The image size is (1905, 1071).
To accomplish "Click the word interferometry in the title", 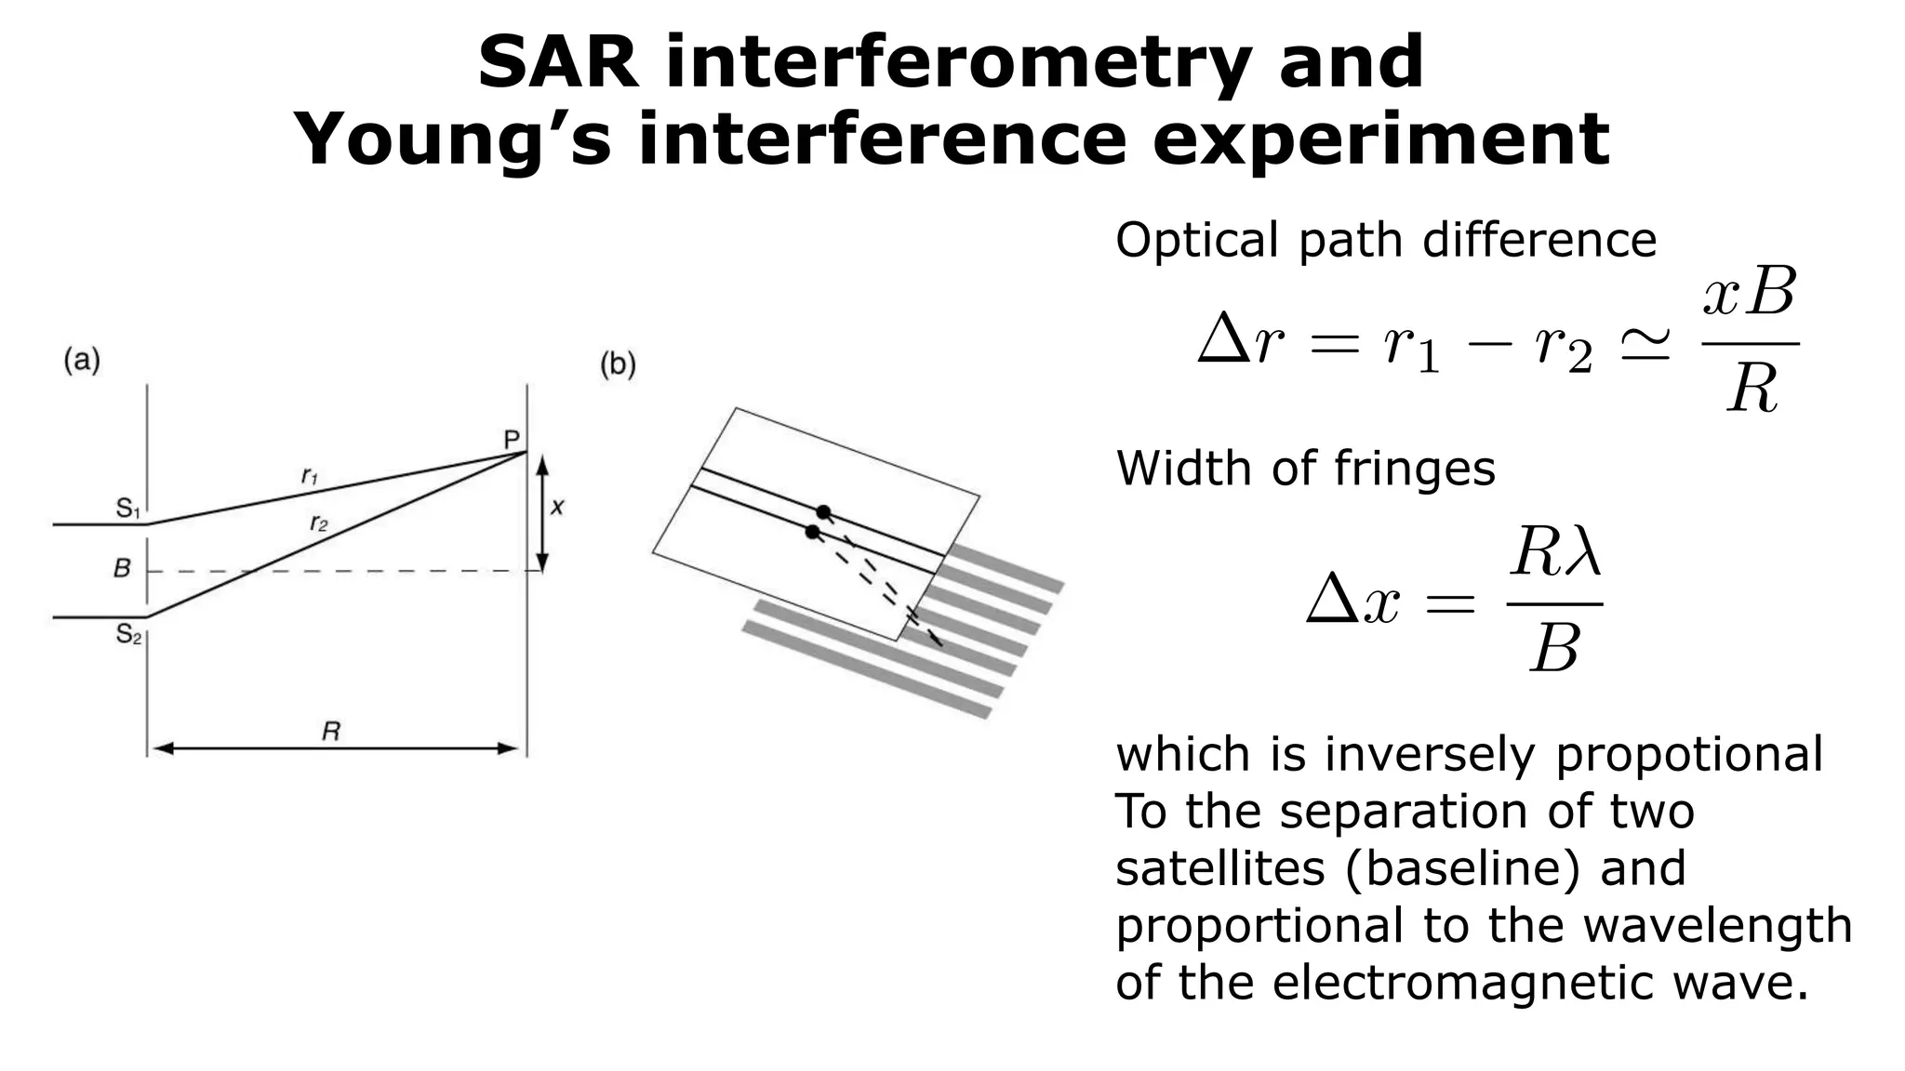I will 958,62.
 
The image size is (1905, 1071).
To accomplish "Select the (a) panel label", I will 82,361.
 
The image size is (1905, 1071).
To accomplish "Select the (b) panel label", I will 618,364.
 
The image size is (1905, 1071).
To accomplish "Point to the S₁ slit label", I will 127,509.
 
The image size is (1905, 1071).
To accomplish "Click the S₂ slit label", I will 128,635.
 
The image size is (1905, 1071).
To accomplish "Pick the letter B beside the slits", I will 122,568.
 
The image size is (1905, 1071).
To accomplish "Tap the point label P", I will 512,440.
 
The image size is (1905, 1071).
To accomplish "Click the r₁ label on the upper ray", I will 310,477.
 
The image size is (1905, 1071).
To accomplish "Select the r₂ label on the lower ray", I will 318,523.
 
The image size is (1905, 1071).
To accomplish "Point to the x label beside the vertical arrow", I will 557,508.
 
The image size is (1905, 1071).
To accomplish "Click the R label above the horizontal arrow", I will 330,732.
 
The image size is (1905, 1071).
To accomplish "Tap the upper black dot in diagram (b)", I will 823,512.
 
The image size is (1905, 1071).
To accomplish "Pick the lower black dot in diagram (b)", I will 812,532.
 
